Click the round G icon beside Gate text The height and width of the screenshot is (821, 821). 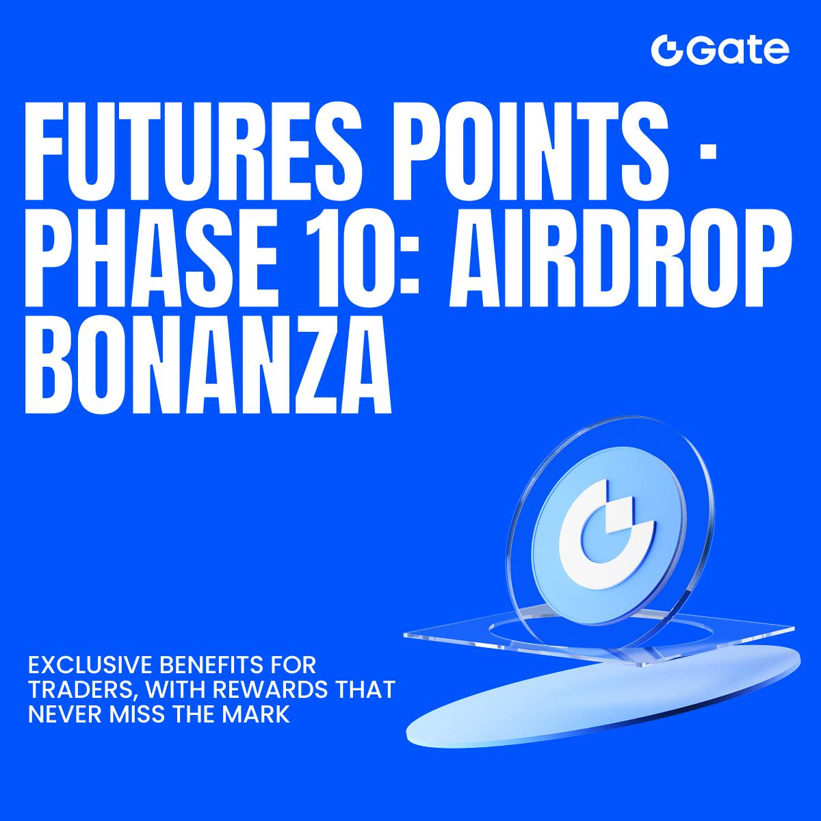coord(664,51)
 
